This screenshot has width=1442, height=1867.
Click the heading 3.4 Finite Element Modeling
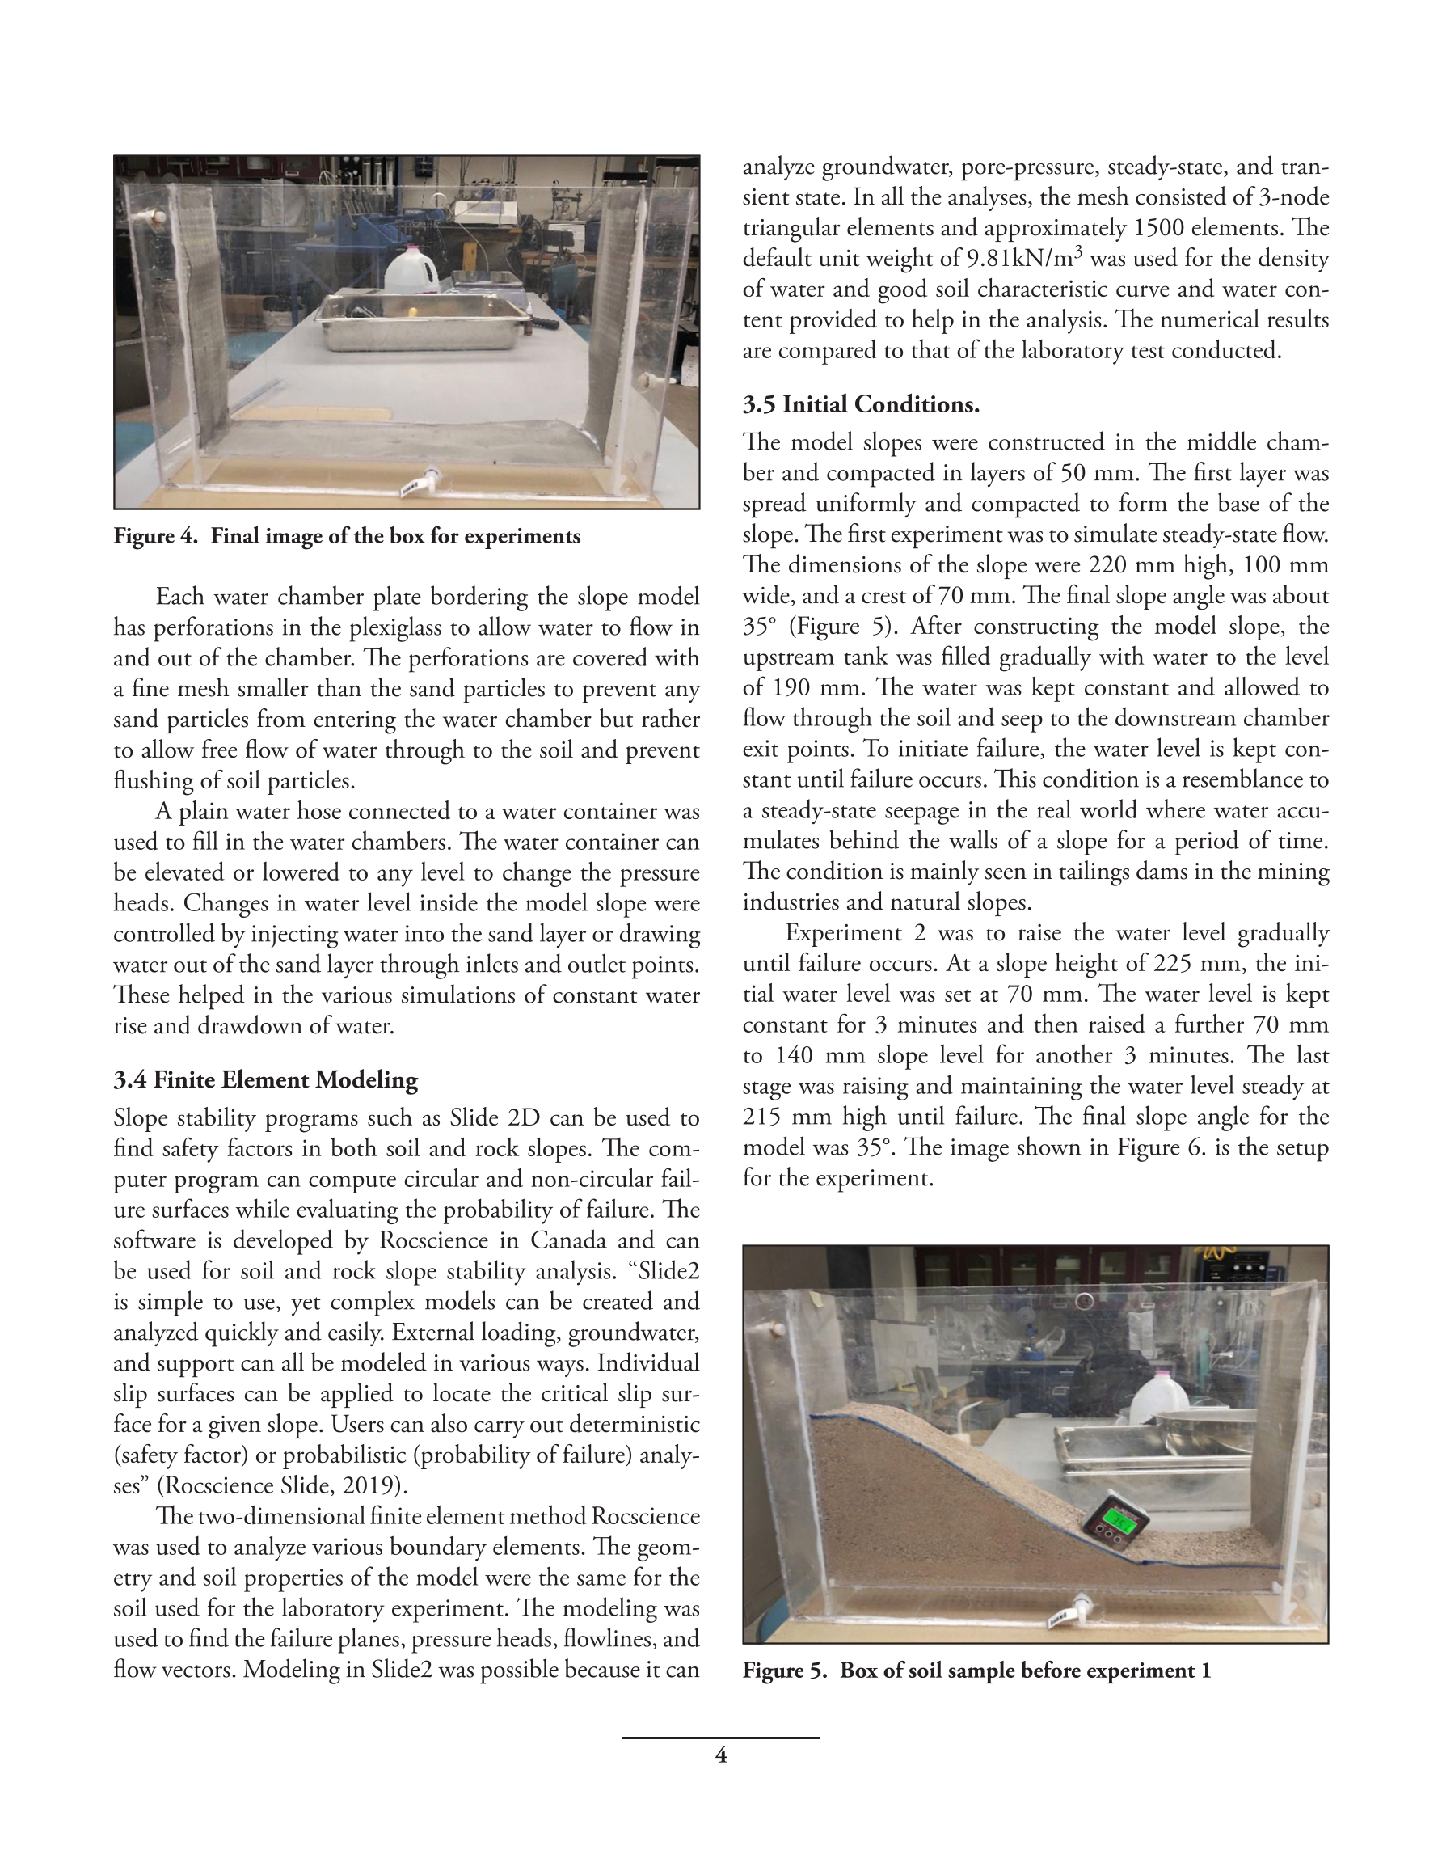[265, 1079]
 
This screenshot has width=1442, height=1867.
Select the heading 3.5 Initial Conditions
[860, 404]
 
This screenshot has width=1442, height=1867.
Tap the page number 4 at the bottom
[720, 1755]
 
